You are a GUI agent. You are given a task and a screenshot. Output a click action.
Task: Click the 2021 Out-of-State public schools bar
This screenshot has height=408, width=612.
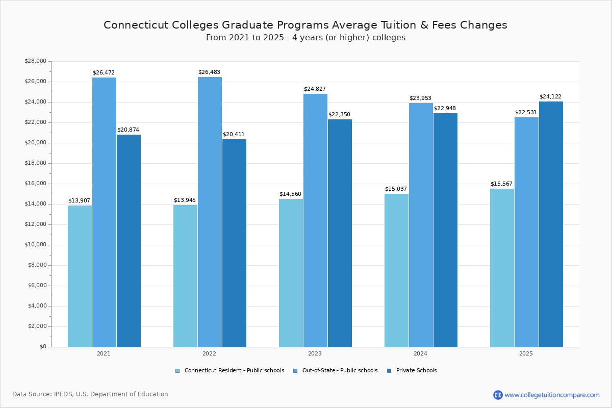pyautogui.click(x=104, y=212)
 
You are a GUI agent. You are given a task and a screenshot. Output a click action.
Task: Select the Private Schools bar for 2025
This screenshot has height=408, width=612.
pyautogui.click(x=551, y=224)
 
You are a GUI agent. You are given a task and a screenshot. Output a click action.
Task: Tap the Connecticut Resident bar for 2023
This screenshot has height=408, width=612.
pyautogui.click(x=291, y=273)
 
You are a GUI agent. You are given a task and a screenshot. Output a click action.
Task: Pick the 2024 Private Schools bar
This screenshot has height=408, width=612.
pyautogui.click(x=445, y=230)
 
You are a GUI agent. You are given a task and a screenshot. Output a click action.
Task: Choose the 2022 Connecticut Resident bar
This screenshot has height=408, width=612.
pyautogui.click(x=185, y=276)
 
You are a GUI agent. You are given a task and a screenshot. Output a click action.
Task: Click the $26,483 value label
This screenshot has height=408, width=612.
pyautogui.click(x=209, y=72)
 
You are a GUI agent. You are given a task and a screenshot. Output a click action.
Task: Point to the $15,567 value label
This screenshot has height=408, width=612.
pyautogui.click(x=501, y=184)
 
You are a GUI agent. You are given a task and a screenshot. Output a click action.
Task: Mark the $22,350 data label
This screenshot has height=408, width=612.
pyautogui.click(x=339, y=115)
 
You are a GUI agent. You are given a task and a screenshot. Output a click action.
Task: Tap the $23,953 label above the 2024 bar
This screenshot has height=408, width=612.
pyautogui.click(x=420, y=98)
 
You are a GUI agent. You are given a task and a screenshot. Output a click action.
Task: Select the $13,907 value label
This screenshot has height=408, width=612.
pyautogui.click(x=79, y=201)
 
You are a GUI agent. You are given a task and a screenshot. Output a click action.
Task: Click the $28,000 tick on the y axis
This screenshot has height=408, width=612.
pyautogui.click(x=35, y=61)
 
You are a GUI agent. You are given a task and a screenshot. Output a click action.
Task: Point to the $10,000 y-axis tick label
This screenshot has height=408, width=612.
pyautogui.click(x=35, y=245)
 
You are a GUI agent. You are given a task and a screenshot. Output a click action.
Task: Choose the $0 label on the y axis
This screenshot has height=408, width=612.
pyautogui.click(x=42, y=347)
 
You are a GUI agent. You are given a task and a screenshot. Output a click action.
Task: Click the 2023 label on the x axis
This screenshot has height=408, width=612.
pyautogui.click(x=315, y=353)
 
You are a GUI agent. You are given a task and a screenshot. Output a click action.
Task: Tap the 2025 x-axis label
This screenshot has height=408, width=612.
pyautogui.click(x=526, y=353)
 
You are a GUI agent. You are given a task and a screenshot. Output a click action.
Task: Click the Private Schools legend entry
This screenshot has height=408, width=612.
pyautogui.click(x=416, y=371)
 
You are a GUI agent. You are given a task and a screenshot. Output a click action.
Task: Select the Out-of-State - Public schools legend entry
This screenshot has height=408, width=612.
pyautogui.click(x=340, y=371)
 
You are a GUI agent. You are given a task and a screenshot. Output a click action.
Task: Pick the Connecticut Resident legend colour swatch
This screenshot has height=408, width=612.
pyautogui.click(x=177, y=371)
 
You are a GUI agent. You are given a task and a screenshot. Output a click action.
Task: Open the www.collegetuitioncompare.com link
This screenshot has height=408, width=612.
pyautogui.click(x=552, y=395)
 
